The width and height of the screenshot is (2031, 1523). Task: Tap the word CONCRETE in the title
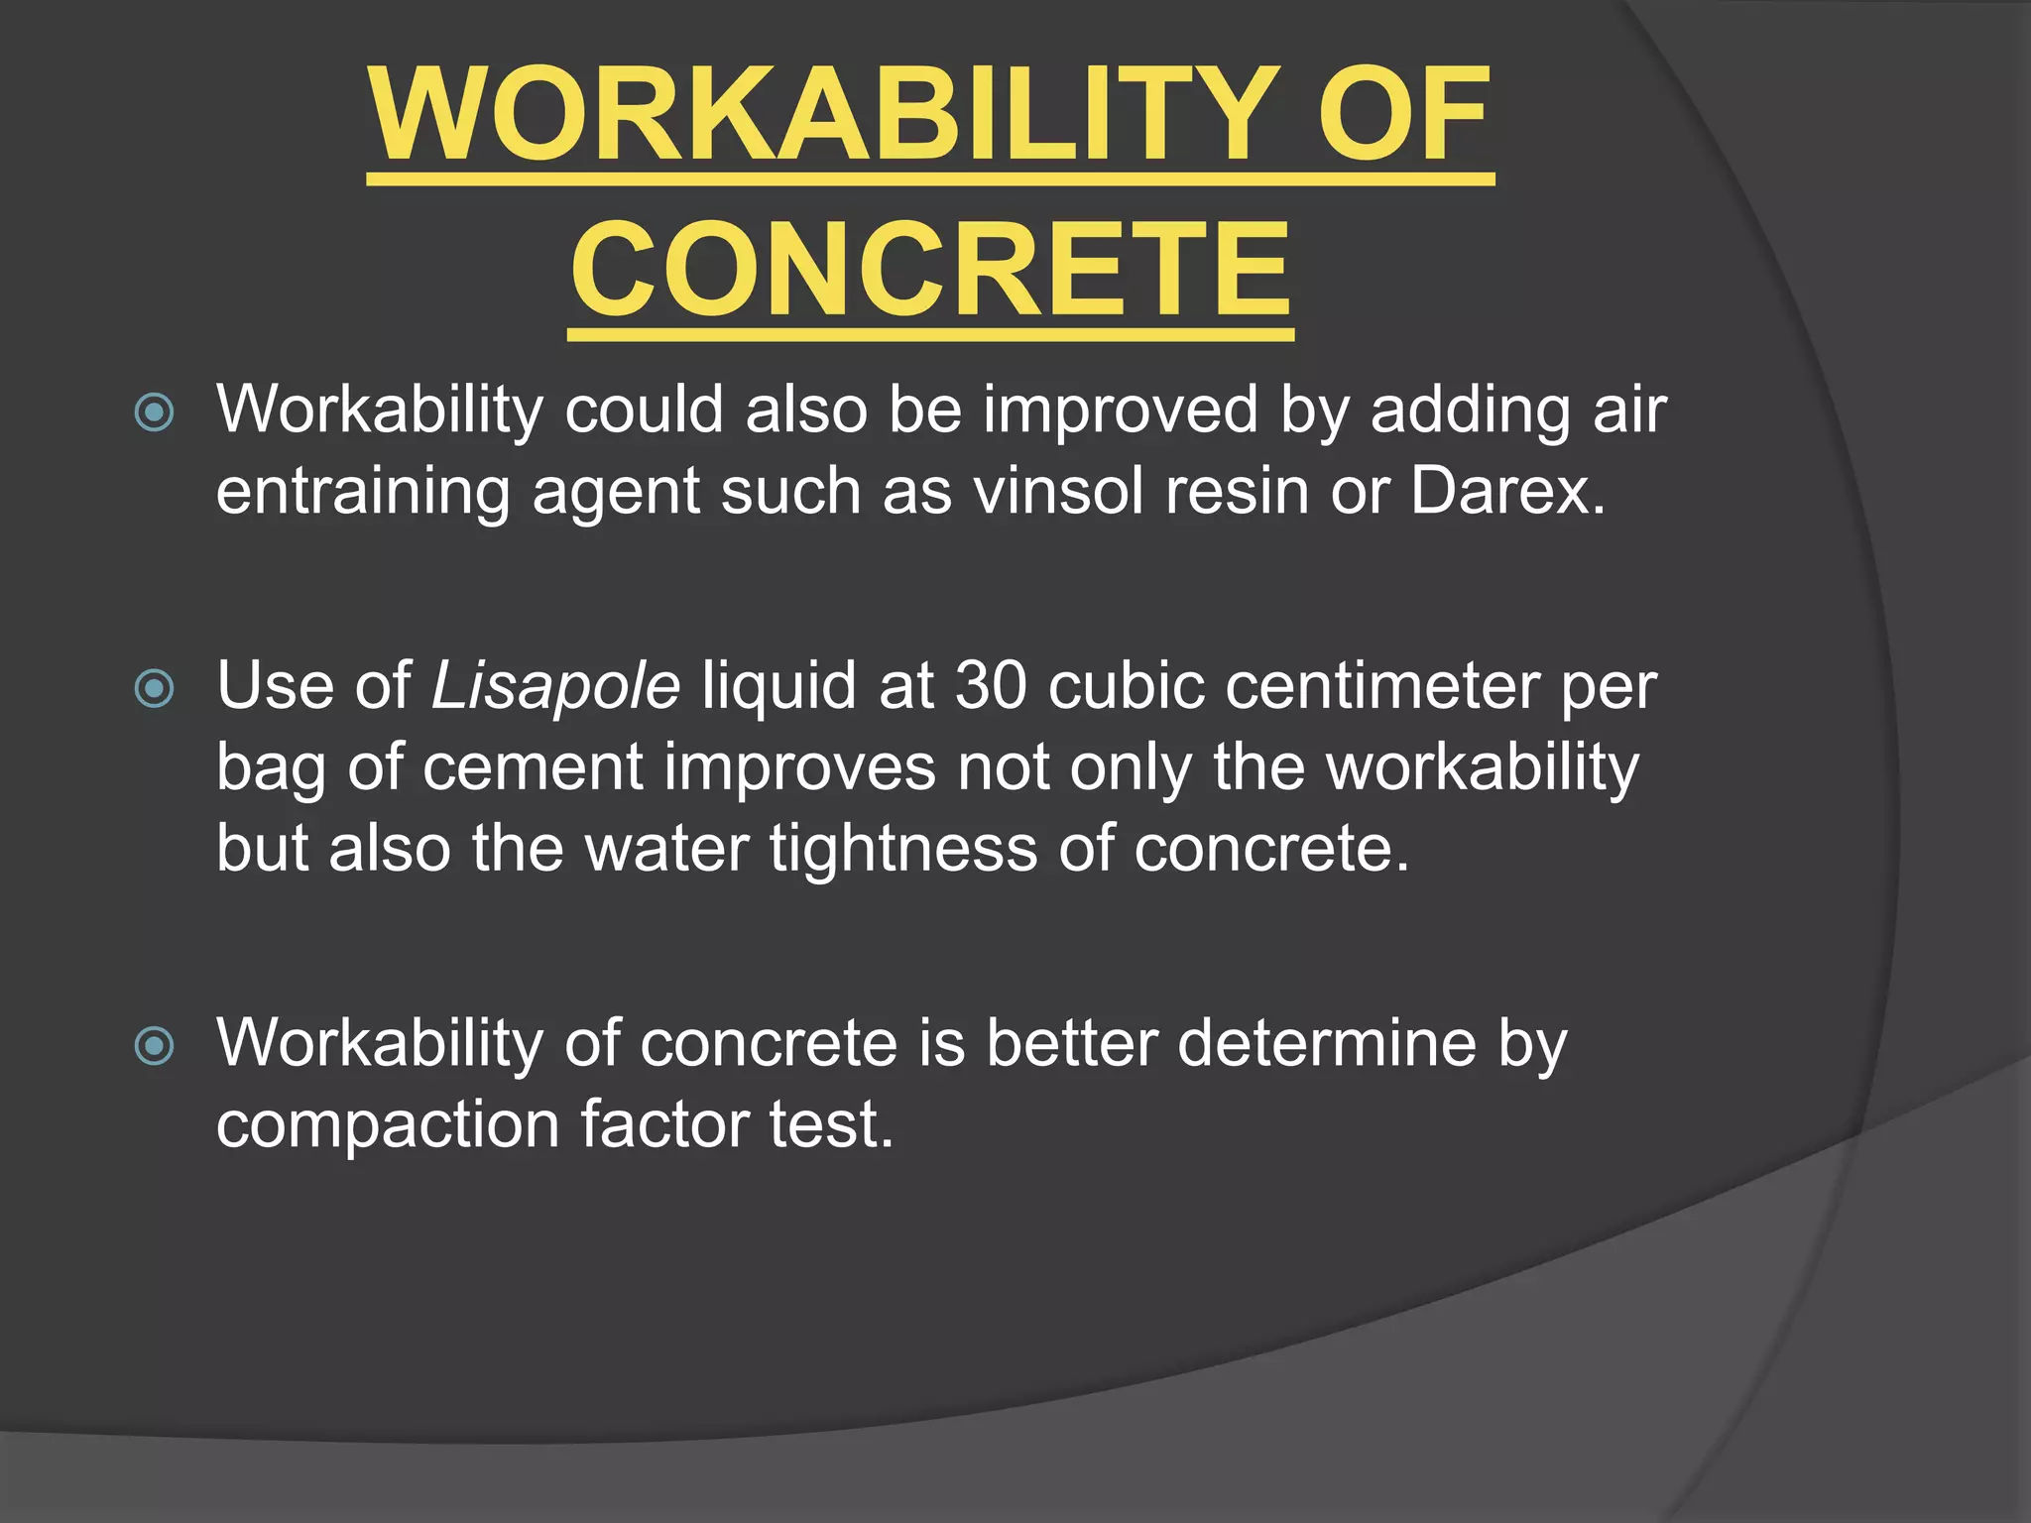(x=930, y=271)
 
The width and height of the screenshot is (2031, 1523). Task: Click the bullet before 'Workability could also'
(x=155, y=412)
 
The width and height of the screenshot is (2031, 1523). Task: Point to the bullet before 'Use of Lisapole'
(x=155, y=688)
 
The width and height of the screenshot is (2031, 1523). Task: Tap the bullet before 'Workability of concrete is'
(x=155, y=1045)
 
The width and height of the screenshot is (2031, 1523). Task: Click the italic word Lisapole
(x=555, y=686)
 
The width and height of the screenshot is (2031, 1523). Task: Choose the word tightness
(x=903, y=850)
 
